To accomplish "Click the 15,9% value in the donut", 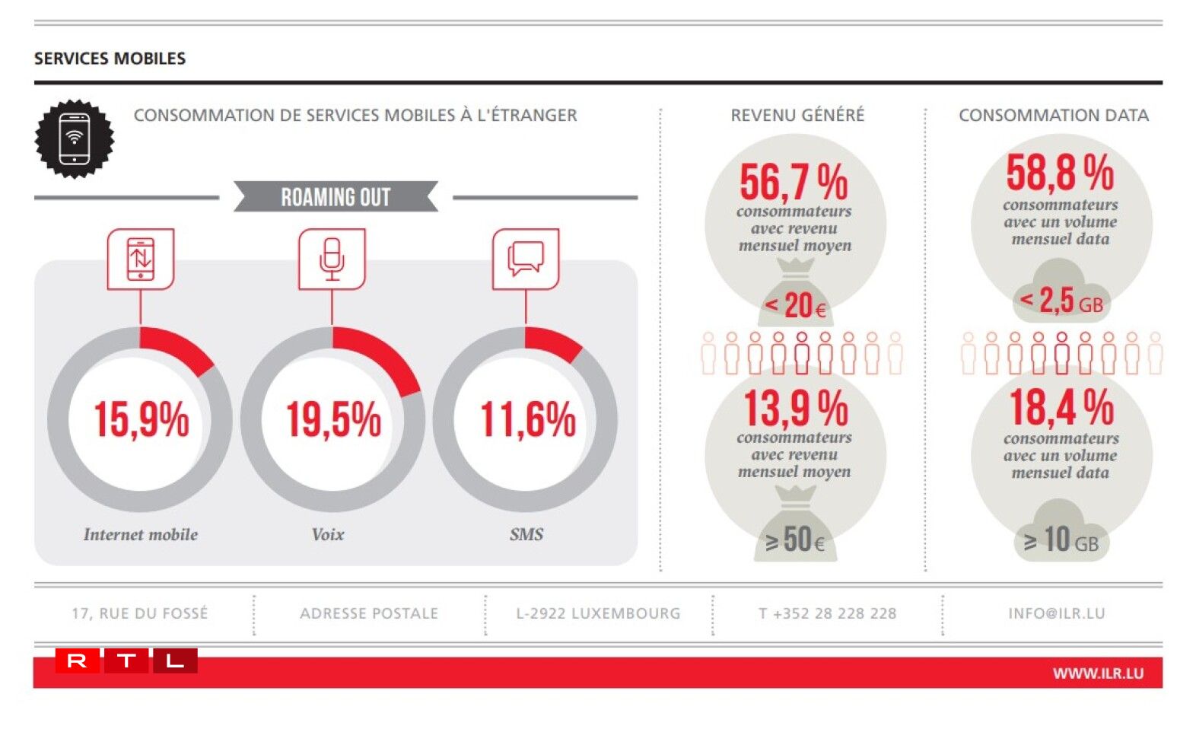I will click(141, 419).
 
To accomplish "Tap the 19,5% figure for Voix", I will click(333, 419).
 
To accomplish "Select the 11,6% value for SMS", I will click(527, 419).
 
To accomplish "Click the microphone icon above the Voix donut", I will click(332, 259).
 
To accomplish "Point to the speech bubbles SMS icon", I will click(526, 259).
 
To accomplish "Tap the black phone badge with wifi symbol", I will click(75, 138).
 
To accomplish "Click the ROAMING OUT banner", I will click(336, 197).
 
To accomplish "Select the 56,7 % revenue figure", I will click(794, 182).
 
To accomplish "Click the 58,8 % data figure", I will click(1060, 173).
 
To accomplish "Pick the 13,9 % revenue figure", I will click(795, 408).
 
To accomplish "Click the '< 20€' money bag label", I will click(795, 306).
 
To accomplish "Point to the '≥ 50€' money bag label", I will click(795, 540).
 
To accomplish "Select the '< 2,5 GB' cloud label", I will click(1061, 301).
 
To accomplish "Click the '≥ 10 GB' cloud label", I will click(1061, 541).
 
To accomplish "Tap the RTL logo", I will click(126, 661).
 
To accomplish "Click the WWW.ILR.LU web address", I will click(1098, 673).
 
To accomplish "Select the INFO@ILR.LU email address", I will click(1056, 613).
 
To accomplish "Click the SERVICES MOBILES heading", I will click(110, 59).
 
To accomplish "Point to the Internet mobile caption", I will click(141, 534).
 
